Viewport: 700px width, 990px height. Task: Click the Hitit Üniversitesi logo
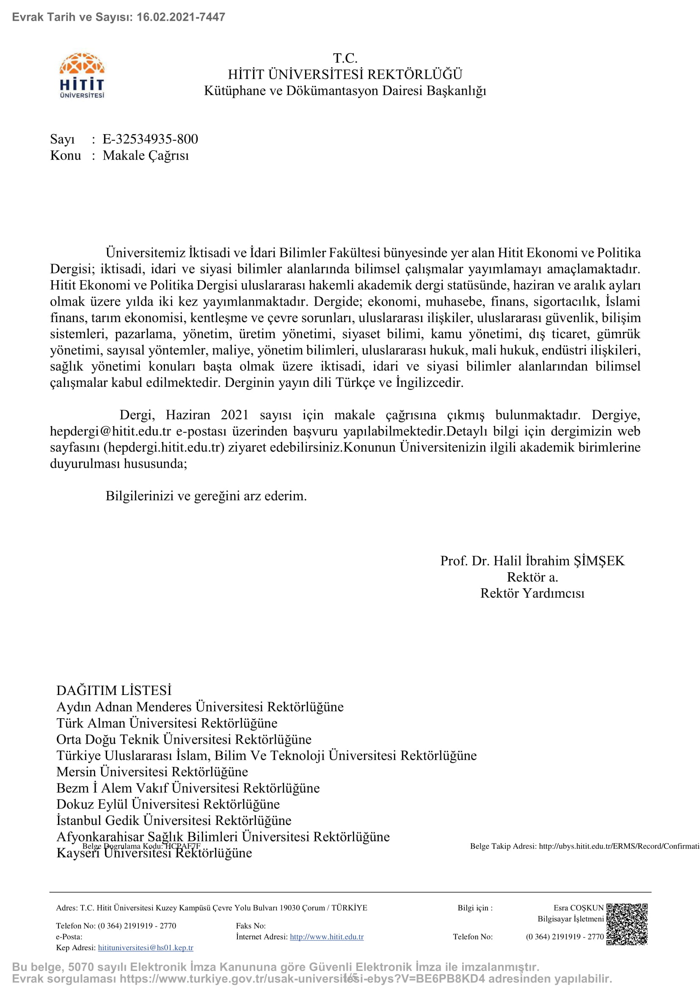[x=82, y=75]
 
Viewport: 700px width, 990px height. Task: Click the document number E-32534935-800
[x=150, y=139]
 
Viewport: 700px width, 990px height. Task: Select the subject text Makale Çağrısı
[x=146, y=155]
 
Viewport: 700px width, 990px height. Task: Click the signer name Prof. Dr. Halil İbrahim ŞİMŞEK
[x=532, y=560]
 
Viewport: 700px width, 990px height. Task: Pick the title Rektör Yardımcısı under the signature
[x=532, y=593]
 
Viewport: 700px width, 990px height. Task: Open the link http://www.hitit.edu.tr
[x=327, y=937]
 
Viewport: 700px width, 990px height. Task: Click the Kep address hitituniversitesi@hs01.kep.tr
[x=146, y=948]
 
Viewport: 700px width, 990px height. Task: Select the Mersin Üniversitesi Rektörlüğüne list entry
[x=152, y=772]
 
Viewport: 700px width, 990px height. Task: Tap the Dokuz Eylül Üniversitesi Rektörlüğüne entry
[x=168, y=804]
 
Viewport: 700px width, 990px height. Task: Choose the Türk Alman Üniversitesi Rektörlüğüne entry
[x=167, y=723]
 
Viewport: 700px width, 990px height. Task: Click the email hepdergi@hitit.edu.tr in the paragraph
[x=111, y=431]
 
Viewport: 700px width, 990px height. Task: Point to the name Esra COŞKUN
[x=579, y=907]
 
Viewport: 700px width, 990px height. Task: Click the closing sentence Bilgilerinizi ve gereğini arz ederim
[x=206, y=496]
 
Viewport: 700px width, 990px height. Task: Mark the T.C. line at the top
[x=345, y=58]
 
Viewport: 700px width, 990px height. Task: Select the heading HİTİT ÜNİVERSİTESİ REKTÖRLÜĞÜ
[x=345, y=74]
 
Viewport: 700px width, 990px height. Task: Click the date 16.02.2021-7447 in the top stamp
[x=181, y=17]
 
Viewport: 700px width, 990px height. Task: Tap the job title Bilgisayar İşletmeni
[x=570, y=919]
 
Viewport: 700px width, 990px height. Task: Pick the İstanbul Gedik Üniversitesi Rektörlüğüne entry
[x=174, y=820]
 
